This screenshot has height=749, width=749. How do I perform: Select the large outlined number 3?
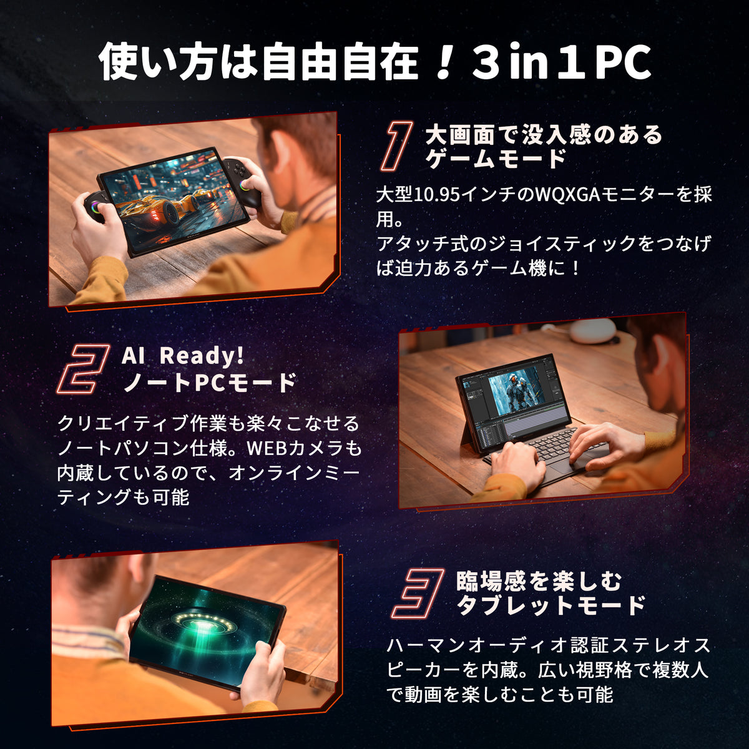point(418,592)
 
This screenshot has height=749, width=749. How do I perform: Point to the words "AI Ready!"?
point(183,356)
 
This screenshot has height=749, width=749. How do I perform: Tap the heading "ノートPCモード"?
point(210,382)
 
